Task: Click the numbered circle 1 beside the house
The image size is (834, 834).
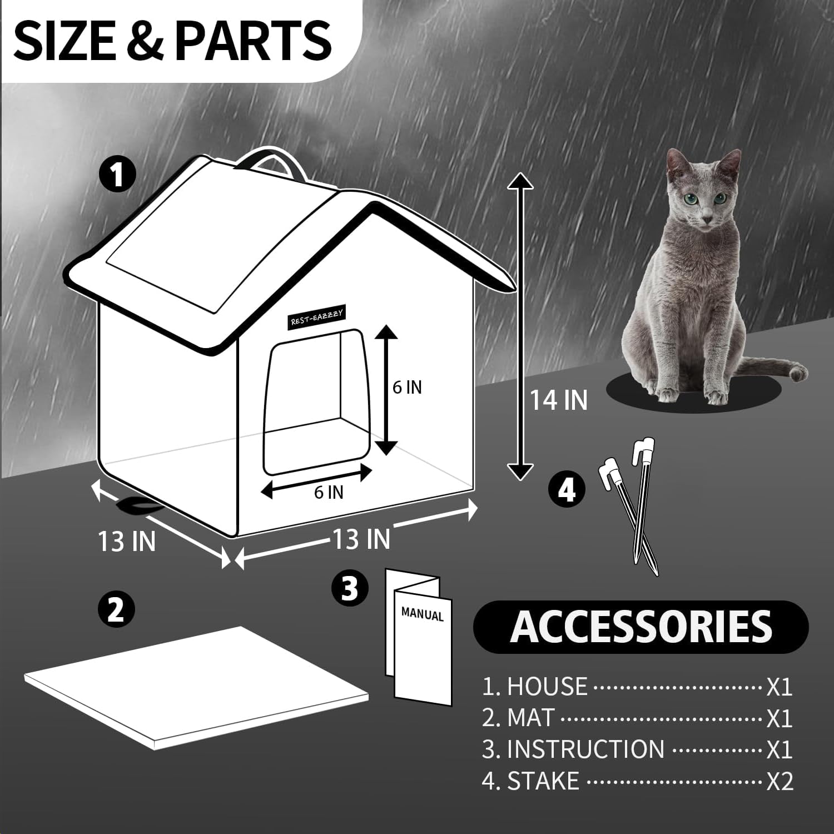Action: pos(117,175)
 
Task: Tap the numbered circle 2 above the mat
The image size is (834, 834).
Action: pos(116,609)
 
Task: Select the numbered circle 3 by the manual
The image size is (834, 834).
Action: pos(350,588)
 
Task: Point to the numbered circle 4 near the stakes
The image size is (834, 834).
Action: pos(567,490)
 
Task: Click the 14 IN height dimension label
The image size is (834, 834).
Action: pos(558,400)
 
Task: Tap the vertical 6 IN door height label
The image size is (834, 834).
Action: pos(407,387)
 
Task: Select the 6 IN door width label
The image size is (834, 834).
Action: pos(329,492)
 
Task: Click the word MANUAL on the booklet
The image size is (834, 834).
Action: pos(423,614)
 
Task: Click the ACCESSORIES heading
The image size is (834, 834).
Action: pos(641,627)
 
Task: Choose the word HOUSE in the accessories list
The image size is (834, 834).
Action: pos(547,687)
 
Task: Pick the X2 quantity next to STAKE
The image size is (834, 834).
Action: pos(780,781)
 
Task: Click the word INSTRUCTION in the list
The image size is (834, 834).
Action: pos(585,749)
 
